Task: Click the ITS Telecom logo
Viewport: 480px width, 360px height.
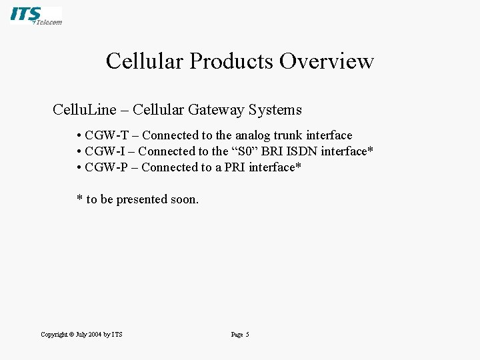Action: [36, 15]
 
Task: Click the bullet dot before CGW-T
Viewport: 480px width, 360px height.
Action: [79, 136]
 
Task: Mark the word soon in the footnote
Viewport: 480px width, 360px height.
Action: [185, 199]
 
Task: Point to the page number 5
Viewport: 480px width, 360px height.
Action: [247, 335]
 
